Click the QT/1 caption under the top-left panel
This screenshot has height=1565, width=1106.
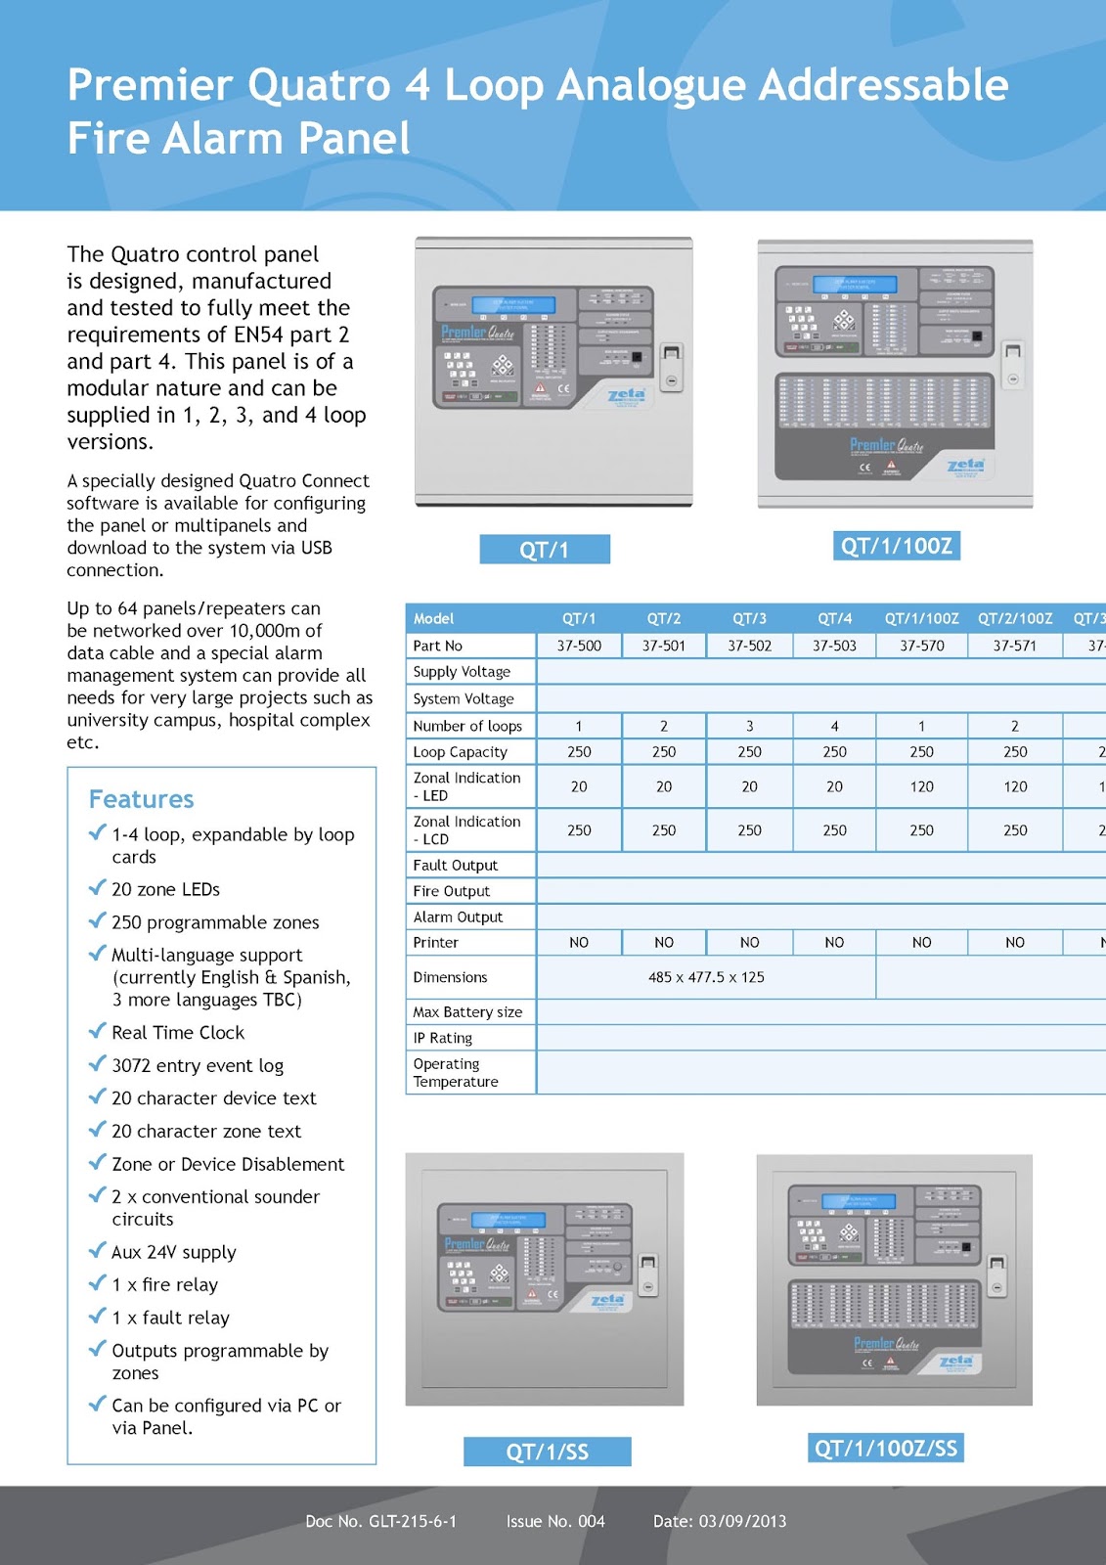(545, 550)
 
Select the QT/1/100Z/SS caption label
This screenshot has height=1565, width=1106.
(886, 1448)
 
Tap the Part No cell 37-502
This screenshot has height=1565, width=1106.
(749, 646)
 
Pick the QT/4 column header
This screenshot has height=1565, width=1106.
(834, 618)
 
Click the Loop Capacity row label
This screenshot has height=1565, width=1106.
(460, 752)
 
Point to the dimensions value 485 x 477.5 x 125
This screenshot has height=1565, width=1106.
(706, 977)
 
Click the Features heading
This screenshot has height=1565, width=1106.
(142, 799)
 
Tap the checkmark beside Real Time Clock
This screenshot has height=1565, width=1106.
(97, 1031)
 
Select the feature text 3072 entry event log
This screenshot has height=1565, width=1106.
(198, 1065)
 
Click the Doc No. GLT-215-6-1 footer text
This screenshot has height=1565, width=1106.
(380, 1521)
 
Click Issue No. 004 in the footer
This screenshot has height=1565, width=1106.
(555, 1521)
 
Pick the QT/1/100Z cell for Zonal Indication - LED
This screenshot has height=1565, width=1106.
(921, 786)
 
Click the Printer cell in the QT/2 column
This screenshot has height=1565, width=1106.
(664, 942)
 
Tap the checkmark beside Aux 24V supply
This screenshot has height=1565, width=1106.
(97, 1251)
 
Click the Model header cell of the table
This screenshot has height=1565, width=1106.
(433, 618)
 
